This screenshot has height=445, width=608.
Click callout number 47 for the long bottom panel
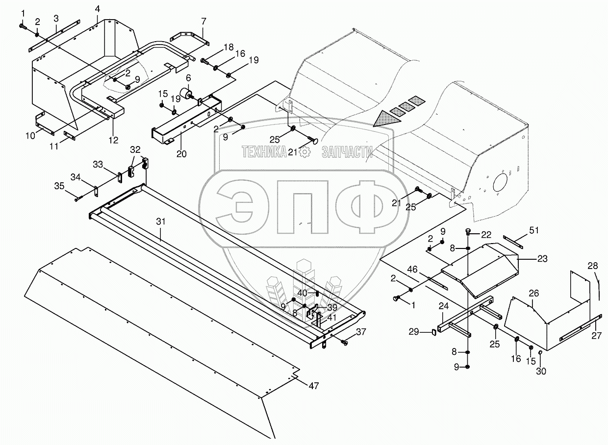pos(313,386)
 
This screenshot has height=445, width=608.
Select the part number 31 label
pos(161,222)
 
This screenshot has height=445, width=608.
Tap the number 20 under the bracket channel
pos(181,153)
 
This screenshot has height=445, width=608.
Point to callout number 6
pos(188,78)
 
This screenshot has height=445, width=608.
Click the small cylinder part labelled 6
pos(186,93)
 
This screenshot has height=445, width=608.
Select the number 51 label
pos(534,230)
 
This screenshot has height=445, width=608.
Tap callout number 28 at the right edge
pos(593,266)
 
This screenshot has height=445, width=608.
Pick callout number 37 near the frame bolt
pos(361,332)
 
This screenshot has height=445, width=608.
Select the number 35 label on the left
pos(59,186)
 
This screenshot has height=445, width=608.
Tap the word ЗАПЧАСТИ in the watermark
pos(346,153)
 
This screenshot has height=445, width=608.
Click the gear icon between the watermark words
pos(304,153)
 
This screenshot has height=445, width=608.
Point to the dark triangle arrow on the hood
pos(385,119)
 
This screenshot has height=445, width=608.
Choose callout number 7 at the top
pos(203,21)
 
